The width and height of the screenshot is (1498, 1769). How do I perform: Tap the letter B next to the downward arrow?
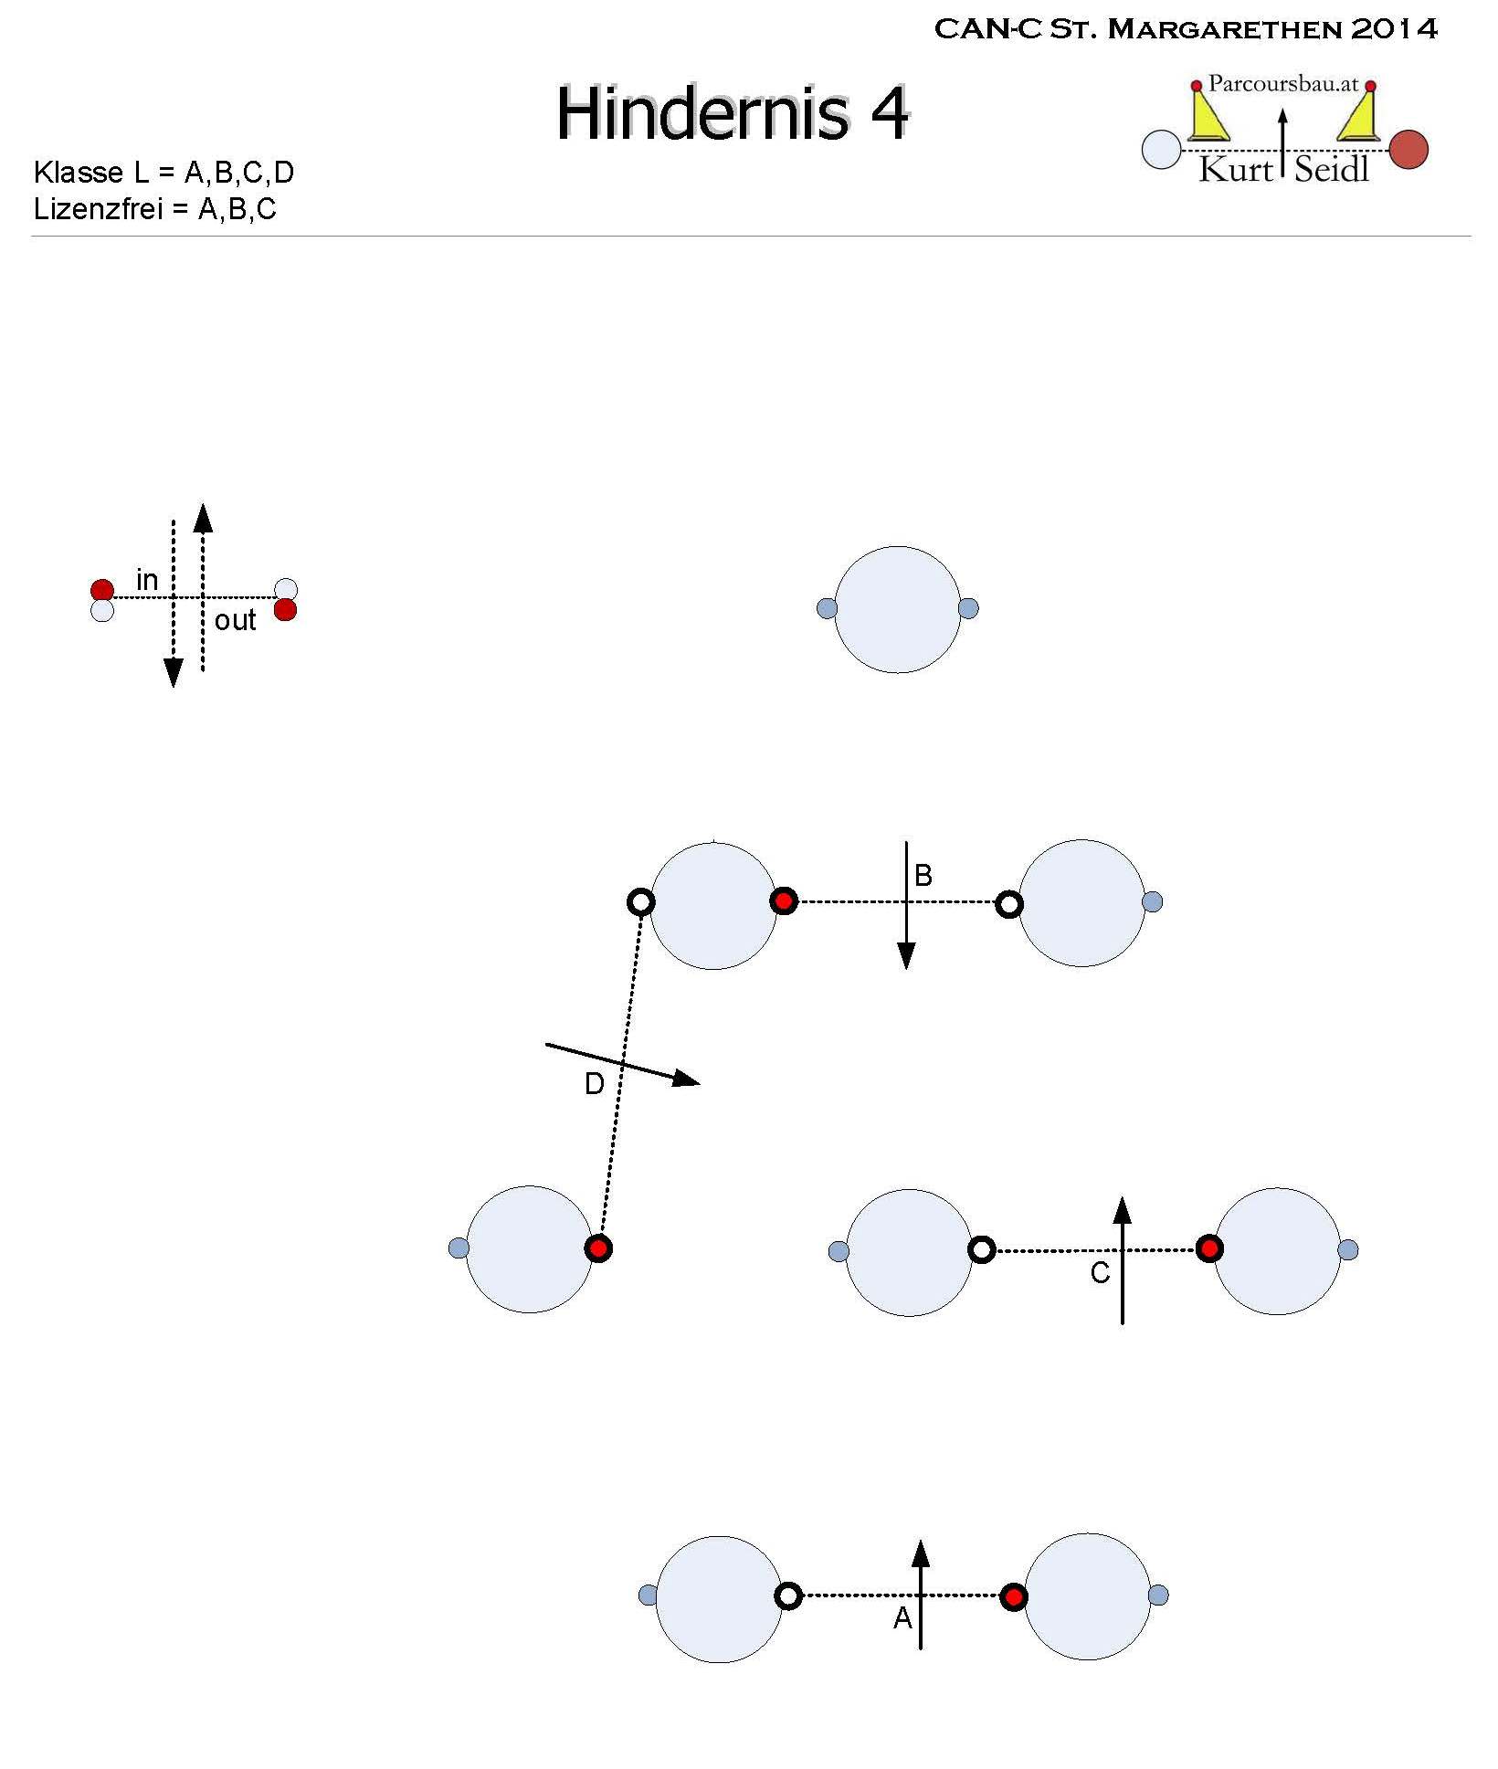[x=923, y=876]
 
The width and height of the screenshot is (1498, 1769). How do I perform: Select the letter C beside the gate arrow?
[x=1101, y=1273]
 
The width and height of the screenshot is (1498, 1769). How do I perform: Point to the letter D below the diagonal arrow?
[x=594, y=1084]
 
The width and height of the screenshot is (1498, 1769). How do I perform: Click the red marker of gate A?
[x=1013, y=1596]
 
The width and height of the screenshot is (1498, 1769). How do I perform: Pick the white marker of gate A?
[x=788, y=1596]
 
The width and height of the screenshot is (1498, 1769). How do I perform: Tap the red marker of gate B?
[x=784, y=901]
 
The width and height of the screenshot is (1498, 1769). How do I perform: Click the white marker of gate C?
[x=981, y=1249]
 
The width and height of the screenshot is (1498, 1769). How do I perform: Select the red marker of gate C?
[x=1209, y=1248]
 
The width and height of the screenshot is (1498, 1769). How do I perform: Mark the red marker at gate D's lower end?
[x=598, y=1248]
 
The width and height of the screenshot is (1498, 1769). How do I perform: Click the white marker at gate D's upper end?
[x=641, y=902]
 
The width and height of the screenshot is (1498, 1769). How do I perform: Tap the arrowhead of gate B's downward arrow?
[x=906, y=956]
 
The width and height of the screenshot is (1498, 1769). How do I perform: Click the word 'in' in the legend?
[x=147, y=579]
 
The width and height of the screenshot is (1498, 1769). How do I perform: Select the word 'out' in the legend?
[x=235, y=621]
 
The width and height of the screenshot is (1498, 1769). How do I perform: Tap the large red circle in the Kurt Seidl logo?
[x=1408, y=150]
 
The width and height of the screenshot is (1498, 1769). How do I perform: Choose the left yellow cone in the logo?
[x=1208, y=114]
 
